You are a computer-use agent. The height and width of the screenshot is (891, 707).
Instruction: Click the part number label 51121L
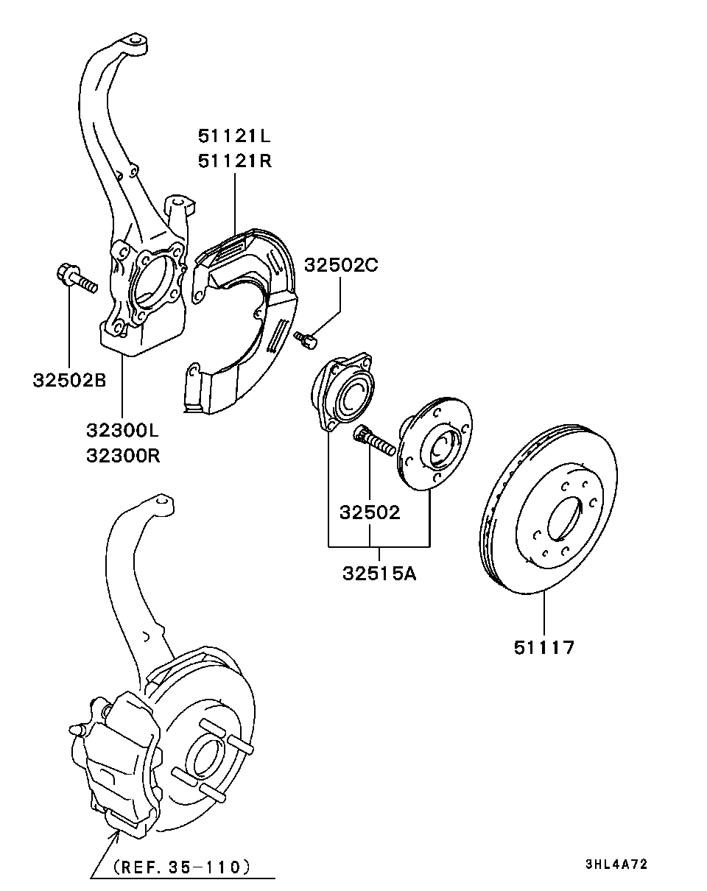[x=234, y=135]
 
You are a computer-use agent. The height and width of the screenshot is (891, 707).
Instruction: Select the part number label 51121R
[x=234, y=161]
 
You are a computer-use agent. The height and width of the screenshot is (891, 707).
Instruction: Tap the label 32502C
[x=341, y=265]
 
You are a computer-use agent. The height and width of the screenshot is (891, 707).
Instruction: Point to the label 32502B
[x=69, y=380]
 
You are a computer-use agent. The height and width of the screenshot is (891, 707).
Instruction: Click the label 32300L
[x=122, y=430]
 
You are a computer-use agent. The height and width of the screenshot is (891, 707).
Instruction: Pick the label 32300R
[x=122, y=455]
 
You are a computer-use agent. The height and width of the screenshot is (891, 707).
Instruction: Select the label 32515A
[x=379, y=572]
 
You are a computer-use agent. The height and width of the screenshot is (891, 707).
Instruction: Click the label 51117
[x=544, y=647]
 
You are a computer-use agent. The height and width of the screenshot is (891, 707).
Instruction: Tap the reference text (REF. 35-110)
[x=182, y=867]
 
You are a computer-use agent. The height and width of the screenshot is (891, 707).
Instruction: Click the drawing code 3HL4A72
[x=616, y=864]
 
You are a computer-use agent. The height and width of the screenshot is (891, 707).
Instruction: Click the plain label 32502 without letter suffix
[x=370, y=512]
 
